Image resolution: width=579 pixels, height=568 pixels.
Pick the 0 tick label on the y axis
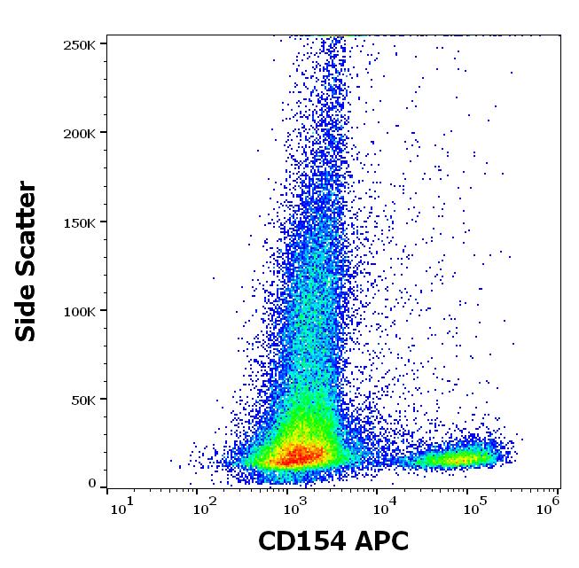tap(92, 483)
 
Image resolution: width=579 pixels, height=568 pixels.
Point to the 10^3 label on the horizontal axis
tap(293, 506)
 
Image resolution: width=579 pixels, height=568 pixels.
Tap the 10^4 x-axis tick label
tap(382, 506)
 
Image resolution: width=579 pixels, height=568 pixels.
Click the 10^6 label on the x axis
tap(549, 506)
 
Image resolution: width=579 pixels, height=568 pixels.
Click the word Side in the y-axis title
tap(27, 311)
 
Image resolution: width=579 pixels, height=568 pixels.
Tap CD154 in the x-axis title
tap(301, 541)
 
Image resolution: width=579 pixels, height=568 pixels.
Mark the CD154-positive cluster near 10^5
tap(461, 458)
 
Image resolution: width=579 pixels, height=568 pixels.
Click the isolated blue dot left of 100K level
tap(214, 278)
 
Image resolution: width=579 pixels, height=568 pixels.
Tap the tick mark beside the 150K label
tap(103, 222)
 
